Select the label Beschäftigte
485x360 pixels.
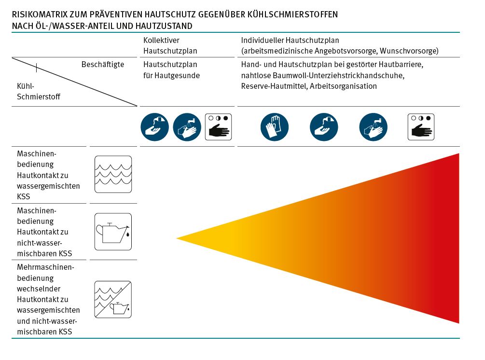point(103,64)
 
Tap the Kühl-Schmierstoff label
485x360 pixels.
point(39,91)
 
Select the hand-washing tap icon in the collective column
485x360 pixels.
point(187,127)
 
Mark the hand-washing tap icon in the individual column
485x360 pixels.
point(373,127)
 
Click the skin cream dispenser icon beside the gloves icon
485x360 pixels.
point(324,127)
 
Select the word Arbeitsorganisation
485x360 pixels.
point(343,86)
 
